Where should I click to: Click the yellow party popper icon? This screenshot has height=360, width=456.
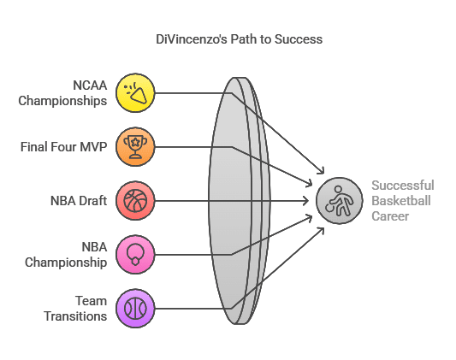(135, 93)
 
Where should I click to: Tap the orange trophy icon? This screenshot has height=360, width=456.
(135, 147)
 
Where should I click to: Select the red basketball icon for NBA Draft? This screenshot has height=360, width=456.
(135, 200)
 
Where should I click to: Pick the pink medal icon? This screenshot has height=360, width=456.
(135, 255)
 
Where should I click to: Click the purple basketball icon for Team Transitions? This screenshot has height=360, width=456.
(135, 309)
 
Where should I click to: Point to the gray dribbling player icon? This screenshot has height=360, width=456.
(340, 200)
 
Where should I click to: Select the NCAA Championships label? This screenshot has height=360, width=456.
(62, 93)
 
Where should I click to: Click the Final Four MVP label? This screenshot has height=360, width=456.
(63, 147)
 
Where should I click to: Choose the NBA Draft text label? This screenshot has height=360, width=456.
(79, 201)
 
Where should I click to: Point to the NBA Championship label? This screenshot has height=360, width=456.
(66, 255)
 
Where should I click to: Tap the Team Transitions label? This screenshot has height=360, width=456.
(75, 309)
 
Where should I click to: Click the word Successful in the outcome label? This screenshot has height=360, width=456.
(403, 186)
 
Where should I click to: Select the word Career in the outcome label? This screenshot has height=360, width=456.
(390, 216)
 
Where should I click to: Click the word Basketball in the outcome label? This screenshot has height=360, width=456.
(401, 201)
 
